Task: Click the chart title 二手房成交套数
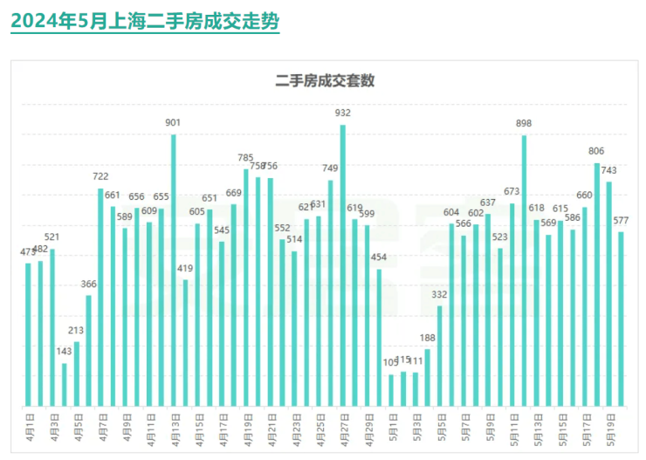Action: [x=325, y=81]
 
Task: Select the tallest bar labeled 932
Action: [x=343, y=265]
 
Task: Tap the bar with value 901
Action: [x=174, y=271]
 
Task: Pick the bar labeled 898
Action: [x=524, y=271]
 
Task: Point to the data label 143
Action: [x=65, y=352]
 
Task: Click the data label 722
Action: [x=100, y=176]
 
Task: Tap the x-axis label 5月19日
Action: [x=610, y=429]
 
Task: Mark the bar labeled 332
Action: [x=440, y=356]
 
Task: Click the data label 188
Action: [x=428, y=338]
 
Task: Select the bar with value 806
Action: [x=597, y=285]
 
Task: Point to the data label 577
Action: [x=621, y=220]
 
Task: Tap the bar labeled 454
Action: [x=380, y=338]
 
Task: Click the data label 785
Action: [x=246, y=158]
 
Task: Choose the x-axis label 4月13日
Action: [x=174, y=429]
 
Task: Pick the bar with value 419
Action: [x=185, y=343]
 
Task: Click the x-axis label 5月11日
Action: [x=512, y=429]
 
